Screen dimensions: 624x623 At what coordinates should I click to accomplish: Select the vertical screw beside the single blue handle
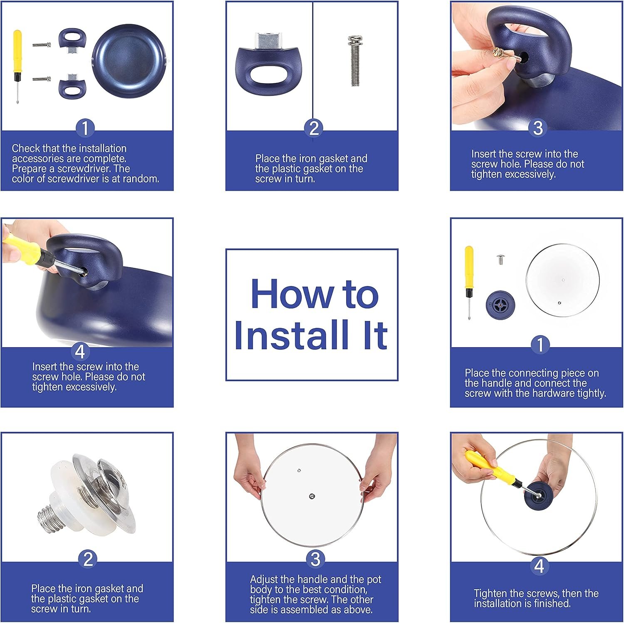[355, 61]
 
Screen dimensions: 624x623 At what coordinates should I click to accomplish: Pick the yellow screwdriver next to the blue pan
[17, 66]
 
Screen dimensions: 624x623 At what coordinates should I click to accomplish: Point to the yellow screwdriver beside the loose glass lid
[469, 282]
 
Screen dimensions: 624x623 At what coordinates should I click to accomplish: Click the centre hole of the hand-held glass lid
[312, 496]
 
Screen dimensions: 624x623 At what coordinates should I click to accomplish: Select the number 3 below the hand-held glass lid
[315, 559]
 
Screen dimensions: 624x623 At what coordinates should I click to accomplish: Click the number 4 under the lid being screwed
[539, 566]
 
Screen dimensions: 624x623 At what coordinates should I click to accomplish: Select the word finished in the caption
[551, 603]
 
